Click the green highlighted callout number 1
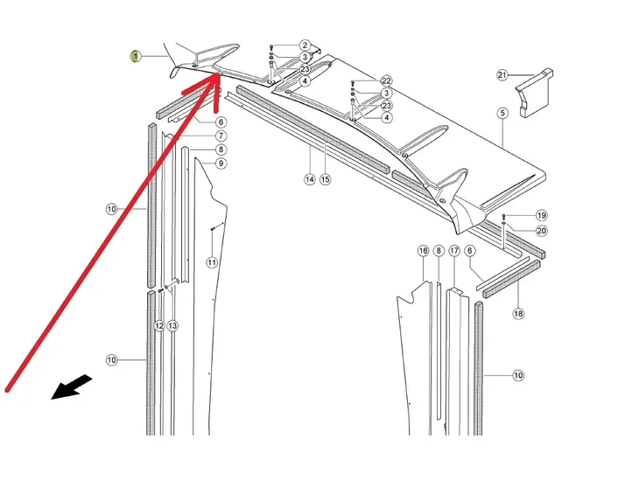tap(136, 57)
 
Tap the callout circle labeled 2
tap(305, 45)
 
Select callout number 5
tap(502, 113)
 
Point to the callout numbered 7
tap(221, 136)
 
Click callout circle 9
tap(221, 163)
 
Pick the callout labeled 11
tap(212, 262)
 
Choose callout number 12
tap(159, 326)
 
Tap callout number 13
tap(172, 326)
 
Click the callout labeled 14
tap(310, 179)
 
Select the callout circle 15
tap(326, 179)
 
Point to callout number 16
tap(424, 251)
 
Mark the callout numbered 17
tap(454, 251)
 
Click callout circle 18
tap(518, 314)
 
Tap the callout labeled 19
tap(541, 215)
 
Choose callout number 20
tap(541, 231)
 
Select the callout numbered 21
tap(502, 75)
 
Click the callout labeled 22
tap(386, 80)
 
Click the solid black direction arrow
tap(72, 387)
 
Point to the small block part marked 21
tap(534, 93)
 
